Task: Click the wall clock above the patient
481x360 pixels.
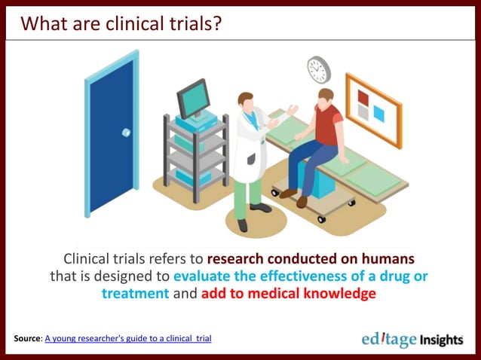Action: tap(319, 69)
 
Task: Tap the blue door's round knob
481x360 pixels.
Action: tap(126, 132)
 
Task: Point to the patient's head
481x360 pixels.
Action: tap(325, 98)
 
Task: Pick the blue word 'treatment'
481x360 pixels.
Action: tap(136, 294)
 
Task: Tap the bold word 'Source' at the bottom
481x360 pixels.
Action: tap(27, 339)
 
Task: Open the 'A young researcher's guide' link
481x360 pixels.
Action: tap(128, 339)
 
